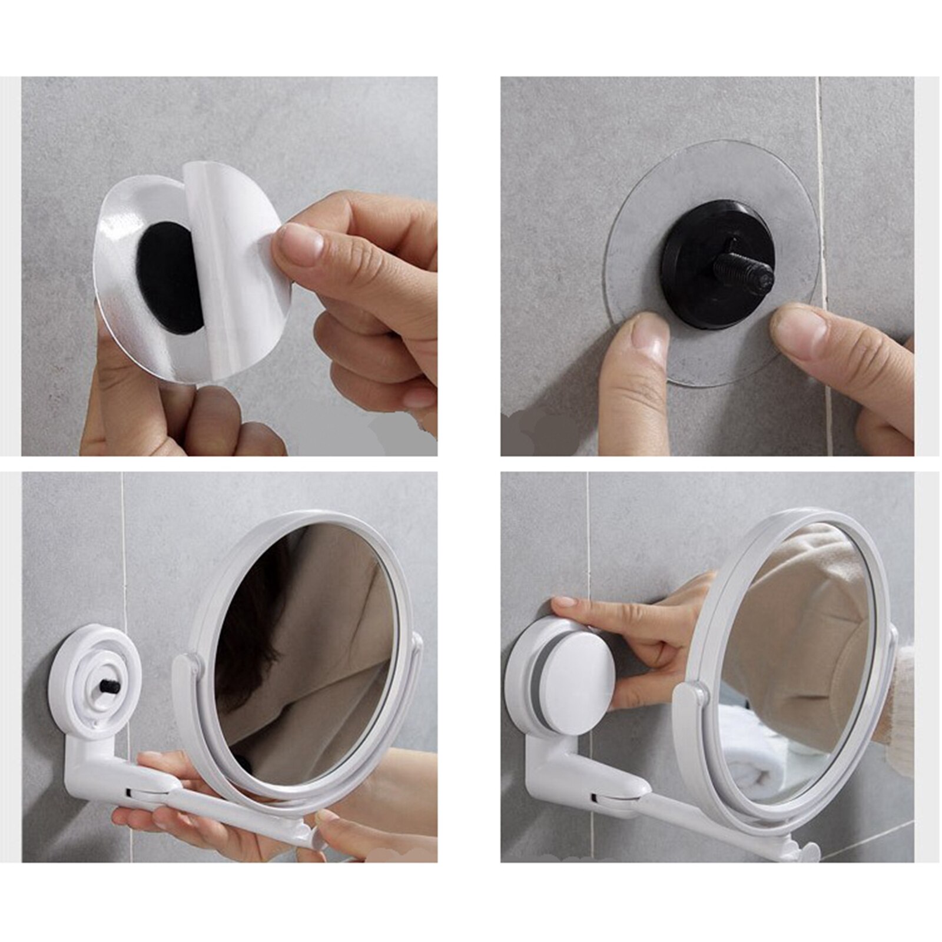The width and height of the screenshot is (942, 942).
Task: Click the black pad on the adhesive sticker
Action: pyautogui.click(x=168, y=277)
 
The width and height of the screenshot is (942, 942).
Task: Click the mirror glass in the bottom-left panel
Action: pyautogui.click(x=306, y=654)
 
